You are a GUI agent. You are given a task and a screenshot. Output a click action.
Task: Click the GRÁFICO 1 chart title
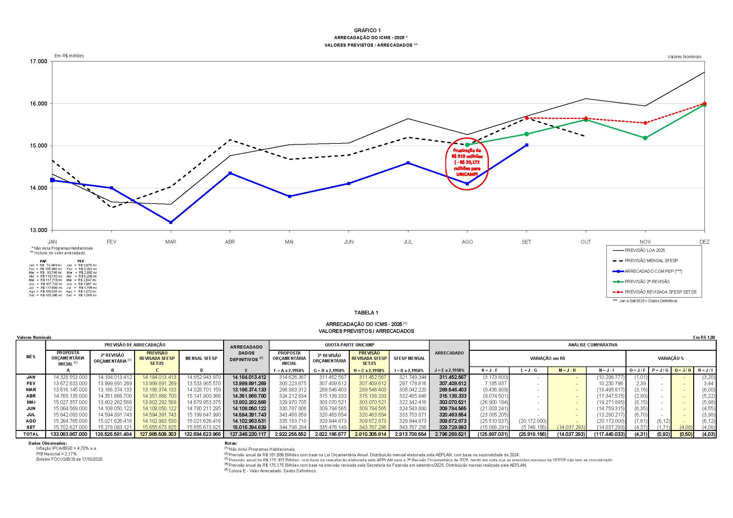click(x=367, y=31)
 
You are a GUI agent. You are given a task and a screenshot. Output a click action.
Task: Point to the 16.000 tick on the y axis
click(x=38, y=104)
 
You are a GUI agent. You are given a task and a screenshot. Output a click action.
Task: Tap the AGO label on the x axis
click(x=467, y=242)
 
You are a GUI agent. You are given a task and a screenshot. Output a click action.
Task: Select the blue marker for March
click(x=171, y=222)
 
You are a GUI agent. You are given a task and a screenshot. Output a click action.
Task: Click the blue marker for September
click(x=526, y=145)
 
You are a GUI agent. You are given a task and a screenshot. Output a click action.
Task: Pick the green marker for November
click(x=645, y=138)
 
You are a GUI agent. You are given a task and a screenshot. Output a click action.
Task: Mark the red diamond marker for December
click(x=704, y=103)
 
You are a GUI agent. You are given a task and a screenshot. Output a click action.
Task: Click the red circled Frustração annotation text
click(x=467, y=162)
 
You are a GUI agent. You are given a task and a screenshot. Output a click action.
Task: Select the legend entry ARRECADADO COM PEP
click(x=653, y=271)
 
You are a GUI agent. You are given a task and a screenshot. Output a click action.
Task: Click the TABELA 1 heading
click(x=366, y=313)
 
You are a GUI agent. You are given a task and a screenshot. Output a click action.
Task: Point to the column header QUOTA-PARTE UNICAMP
click(x=349, y=345)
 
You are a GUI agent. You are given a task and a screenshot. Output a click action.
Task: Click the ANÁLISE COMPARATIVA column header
click(x=593, y=345)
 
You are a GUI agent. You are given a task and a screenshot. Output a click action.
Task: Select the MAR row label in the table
click(x=31, y=390)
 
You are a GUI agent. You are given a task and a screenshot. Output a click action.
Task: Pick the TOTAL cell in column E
click(x=247, y=434)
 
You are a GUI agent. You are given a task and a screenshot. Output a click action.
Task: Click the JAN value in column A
click(x=70, y=377)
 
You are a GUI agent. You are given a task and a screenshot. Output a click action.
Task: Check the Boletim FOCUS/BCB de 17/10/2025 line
click(x=69, y=459)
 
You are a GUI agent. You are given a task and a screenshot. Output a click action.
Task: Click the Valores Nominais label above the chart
click(x=684, y=57)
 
